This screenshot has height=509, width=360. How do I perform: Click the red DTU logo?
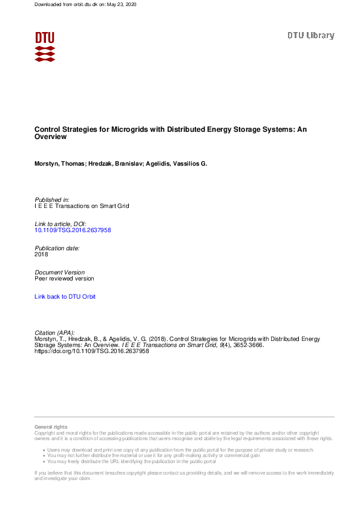click(x=45, y=47)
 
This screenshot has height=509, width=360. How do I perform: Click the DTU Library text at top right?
click(x=310, y=36)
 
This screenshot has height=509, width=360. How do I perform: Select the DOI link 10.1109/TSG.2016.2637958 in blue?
click(x=73, y=230)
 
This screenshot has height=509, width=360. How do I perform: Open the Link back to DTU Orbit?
click(x=65, y=297)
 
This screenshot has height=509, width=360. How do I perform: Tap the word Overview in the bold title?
click(x=50, y=137)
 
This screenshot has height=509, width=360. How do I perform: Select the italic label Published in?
click(x=52, y=199)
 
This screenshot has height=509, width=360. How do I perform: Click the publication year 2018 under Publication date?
click(x=42, y=254)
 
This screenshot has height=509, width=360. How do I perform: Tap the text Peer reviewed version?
click(x=64, y=279)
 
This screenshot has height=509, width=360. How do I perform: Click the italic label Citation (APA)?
click(x=55, y=333)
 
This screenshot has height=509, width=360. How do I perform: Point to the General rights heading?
click(x=51, y=427)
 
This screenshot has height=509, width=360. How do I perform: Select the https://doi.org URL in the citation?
click(x=91, y=351)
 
